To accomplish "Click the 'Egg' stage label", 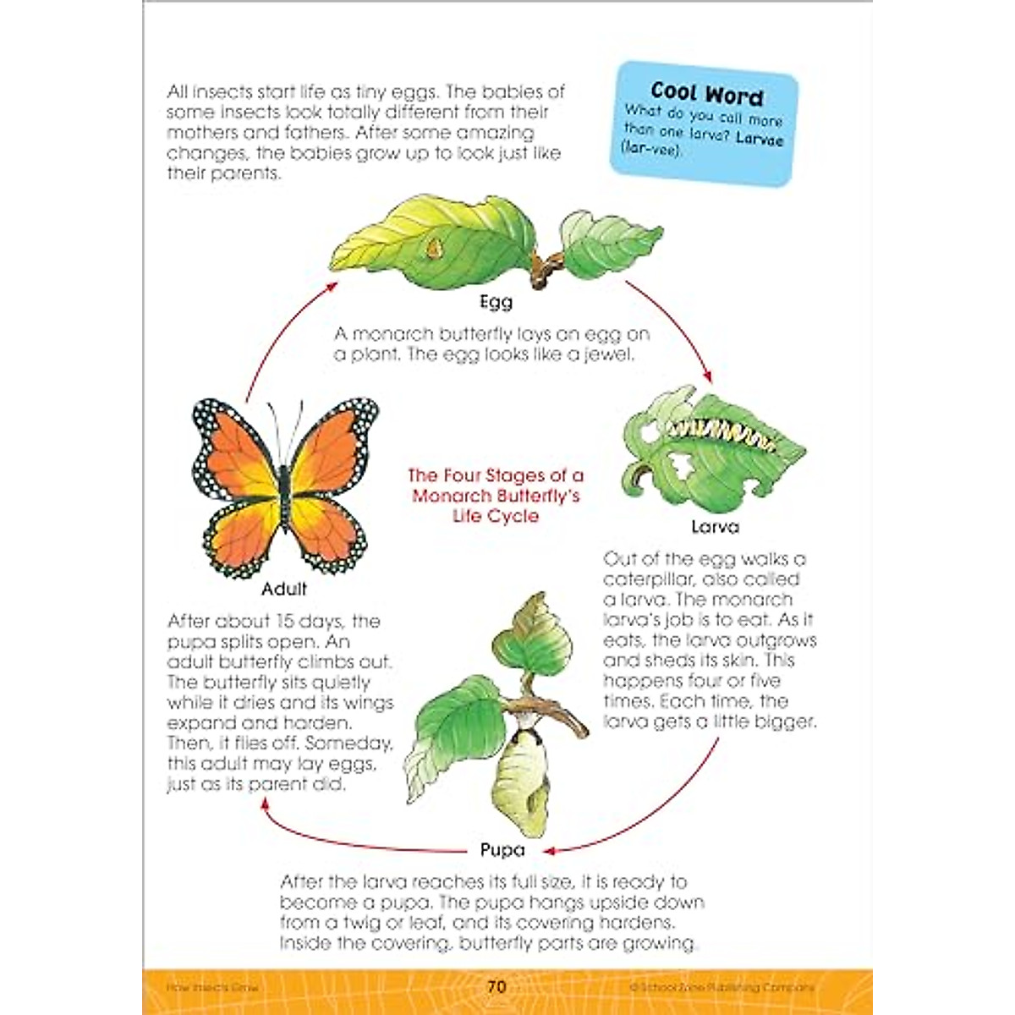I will click(x=496, y=302).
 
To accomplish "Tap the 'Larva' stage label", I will click(x=715, y=527).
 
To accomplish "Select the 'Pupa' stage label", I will click(x=502, y=849).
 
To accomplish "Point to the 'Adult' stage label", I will click(x=284, y=589).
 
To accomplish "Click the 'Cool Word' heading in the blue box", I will click(x=707, y=93).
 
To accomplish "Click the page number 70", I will click(x=497, y=986).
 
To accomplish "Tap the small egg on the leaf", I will click(x=434, y=248).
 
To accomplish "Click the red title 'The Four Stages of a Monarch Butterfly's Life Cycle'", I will click(x=496, y=496).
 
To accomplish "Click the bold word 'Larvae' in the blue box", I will click(x=760, y=138).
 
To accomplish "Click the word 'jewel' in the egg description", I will click(x=608, y=354).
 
